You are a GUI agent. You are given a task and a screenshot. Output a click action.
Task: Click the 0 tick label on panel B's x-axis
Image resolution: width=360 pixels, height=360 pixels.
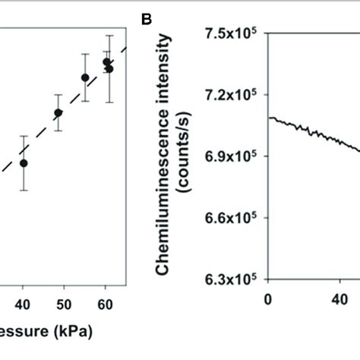267,298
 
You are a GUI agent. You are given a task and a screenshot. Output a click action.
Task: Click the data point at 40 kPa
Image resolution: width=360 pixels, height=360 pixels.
24,163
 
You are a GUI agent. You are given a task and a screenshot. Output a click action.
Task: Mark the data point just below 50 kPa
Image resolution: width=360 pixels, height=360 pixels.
58,113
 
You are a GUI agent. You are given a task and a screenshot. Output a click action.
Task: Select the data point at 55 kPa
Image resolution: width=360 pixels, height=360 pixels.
85,77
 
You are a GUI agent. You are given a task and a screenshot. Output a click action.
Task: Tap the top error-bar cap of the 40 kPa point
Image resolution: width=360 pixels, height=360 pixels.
24,136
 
